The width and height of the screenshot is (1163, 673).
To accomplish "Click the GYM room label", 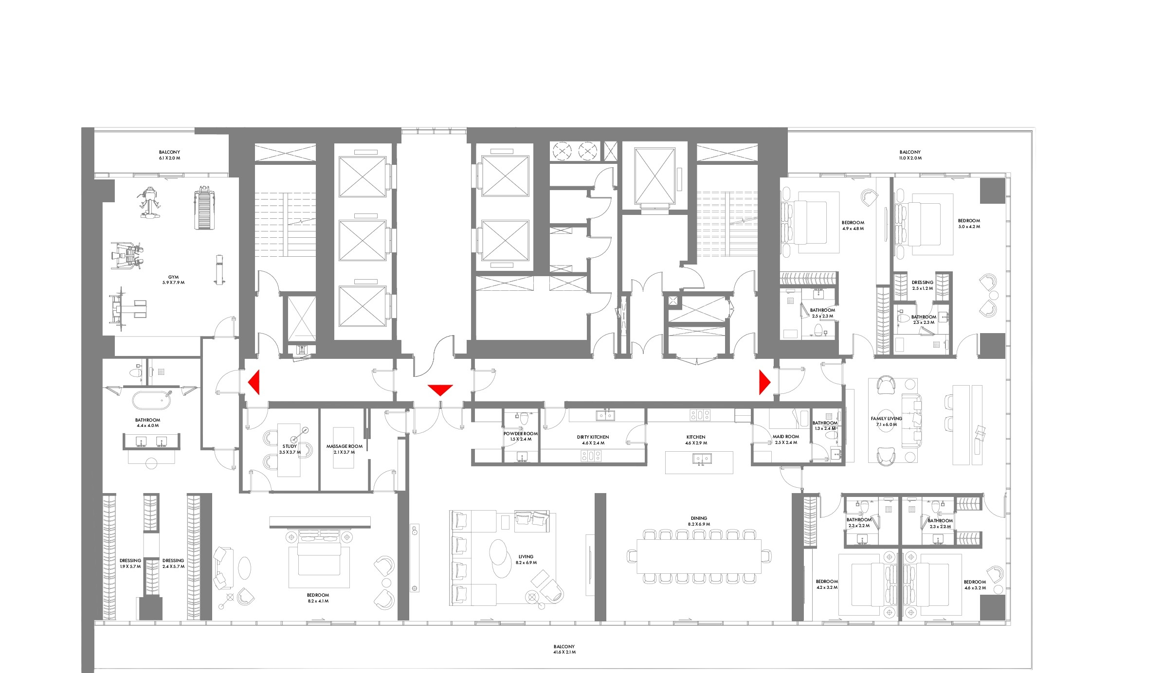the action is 173,277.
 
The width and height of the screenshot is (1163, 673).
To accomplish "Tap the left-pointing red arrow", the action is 254,382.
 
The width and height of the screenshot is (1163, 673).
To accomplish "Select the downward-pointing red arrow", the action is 440,390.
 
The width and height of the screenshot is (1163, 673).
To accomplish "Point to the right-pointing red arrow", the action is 765,382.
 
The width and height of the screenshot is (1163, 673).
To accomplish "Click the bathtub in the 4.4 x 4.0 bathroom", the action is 152,400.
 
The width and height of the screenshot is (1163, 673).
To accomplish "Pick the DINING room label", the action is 699,518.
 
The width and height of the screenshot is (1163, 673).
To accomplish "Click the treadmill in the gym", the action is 204,209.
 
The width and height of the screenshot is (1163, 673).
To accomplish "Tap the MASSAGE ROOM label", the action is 345,446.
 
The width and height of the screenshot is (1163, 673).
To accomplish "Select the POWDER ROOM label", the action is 521,434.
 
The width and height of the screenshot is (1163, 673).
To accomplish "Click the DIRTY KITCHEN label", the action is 593,437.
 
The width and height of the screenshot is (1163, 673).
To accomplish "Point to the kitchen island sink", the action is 699,459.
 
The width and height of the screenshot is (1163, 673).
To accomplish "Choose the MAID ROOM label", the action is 786,437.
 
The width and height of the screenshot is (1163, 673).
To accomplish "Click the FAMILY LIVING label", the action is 887,419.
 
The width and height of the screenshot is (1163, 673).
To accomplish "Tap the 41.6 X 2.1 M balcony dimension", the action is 564,652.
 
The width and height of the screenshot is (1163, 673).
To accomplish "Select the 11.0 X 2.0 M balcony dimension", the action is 910,158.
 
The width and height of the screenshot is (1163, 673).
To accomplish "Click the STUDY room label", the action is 290,446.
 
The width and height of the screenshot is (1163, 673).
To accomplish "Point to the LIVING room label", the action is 526,557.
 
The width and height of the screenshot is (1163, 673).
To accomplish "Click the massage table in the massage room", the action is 344,448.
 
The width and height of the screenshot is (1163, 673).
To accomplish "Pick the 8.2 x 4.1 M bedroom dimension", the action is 318,601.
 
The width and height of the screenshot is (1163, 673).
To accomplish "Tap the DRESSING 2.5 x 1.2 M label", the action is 923,285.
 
